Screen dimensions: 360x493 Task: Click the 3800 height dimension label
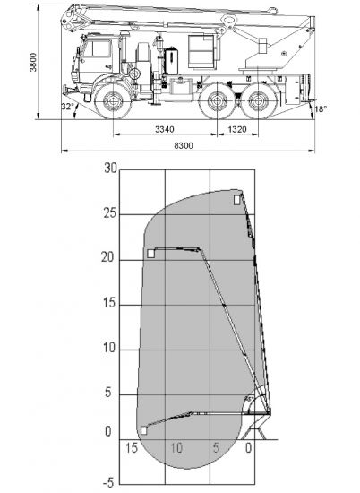click(x=33, y=62)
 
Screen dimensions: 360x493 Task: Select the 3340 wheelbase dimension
click(x=165, y=129)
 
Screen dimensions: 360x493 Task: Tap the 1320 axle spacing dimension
click(x=237, y=129)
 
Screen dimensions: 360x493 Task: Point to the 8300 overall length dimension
click(x=184, y=145)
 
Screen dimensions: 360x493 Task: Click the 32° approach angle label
click(x=67, y=107)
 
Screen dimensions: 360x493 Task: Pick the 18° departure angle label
click(x=321, y=109)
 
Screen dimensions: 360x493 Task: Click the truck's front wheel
click(x=113, y=101)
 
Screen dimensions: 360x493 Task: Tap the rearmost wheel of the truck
click(x=258, y=101)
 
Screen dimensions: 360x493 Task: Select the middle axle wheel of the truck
click(x=217, y=101)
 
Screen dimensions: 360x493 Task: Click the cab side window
click(x=98, y=48)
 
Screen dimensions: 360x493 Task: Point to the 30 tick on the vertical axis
click(x=110, y=169)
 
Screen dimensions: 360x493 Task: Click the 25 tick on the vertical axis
click(x=109, y=213)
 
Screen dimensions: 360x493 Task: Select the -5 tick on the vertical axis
click(x=108, y=482)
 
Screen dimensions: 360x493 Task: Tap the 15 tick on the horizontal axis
click(x=132, y=447)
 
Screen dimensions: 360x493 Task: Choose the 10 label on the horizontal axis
click(x=176, y=447)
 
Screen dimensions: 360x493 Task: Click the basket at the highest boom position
click(x=237, y=200)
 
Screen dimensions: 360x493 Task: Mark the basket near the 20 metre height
click(x=151, y=254)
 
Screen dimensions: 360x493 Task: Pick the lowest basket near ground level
click(x=144, y=430)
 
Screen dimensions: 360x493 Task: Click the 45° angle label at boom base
click(x=250, y=399)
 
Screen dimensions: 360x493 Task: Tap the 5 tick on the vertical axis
click(x=108, y=393)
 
